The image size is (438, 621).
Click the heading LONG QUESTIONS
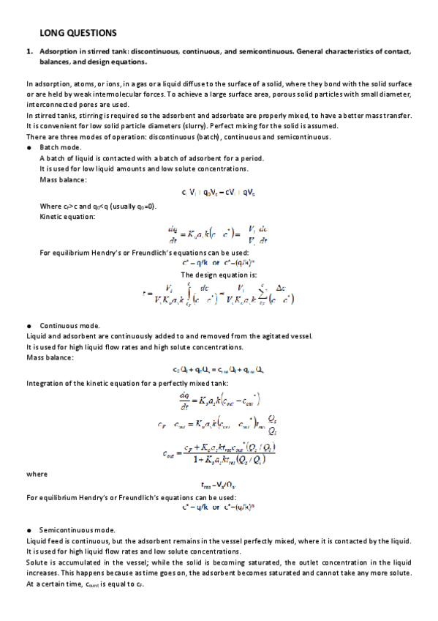click(78, 34)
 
